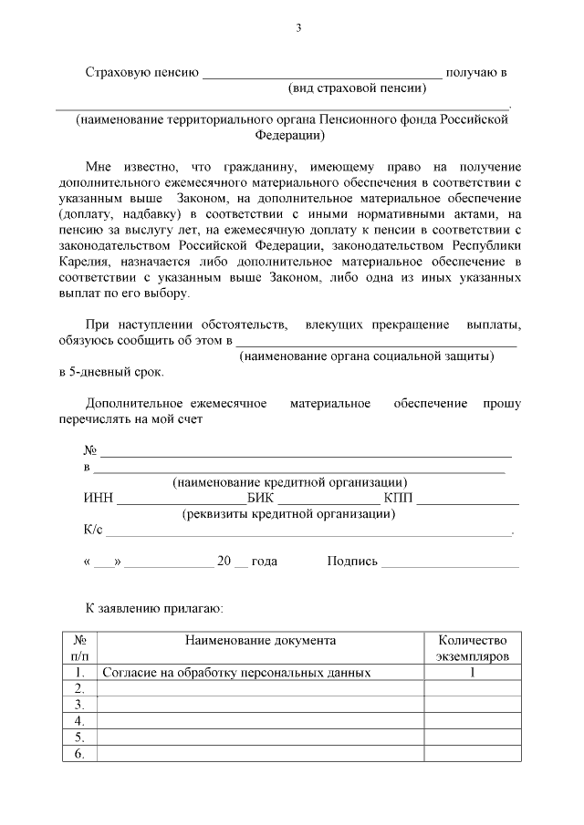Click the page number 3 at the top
(x=297, y=27)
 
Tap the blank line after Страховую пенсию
(x=321, y=73)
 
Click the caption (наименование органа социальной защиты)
(x=366, y=356)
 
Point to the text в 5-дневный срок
(x=111, y=372)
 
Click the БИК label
(x=260, y=498)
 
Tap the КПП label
(x=398, y=498)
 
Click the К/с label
(x=94, y=530)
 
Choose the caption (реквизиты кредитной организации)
(x=289, y=514)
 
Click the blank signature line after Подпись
(x=450, y=562)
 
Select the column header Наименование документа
(x=260, y=641)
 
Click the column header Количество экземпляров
(x=472, y=648)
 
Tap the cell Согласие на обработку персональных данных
(x=236, y=673)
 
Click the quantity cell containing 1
(x=472, y=673)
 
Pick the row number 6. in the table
(x=79, y=753)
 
